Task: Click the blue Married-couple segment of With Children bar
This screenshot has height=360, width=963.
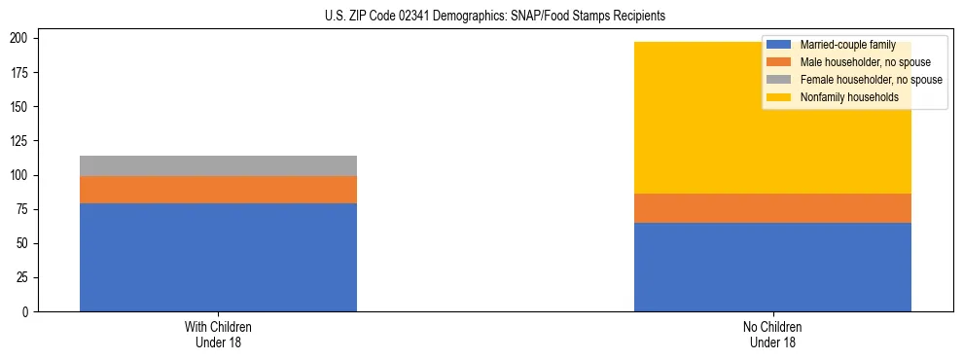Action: pyautogui.click(x=218, y=257)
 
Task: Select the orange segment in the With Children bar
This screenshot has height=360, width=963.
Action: pyautogui.click(x=218, y=189)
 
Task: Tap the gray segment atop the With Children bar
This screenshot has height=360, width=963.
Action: pyautogui.click(x=218, y=165)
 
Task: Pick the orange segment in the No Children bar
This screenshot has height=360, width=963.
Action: pyautogui.click(x=772, y=208)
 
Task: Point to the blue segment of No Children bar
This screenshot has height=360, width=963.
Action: pyautogui.click(x=772, y=267)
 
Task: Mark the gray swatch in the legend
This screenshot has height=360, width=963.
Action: pyautogui.click(x=780, y=80)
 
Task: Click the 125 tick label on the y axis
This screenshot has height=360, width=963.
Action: pyautogui.click(x=21, y=141)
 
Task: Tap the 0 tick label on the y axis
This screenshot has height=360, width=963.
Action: pyautogui.click(x=28, y=312)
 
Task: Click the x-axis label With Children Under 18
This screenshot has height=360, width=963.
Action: pyautogui.click(x=218, y=334)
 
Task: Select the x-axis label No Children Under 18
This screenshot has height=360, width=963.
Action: pyautogui.click(x=772, y=334)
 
